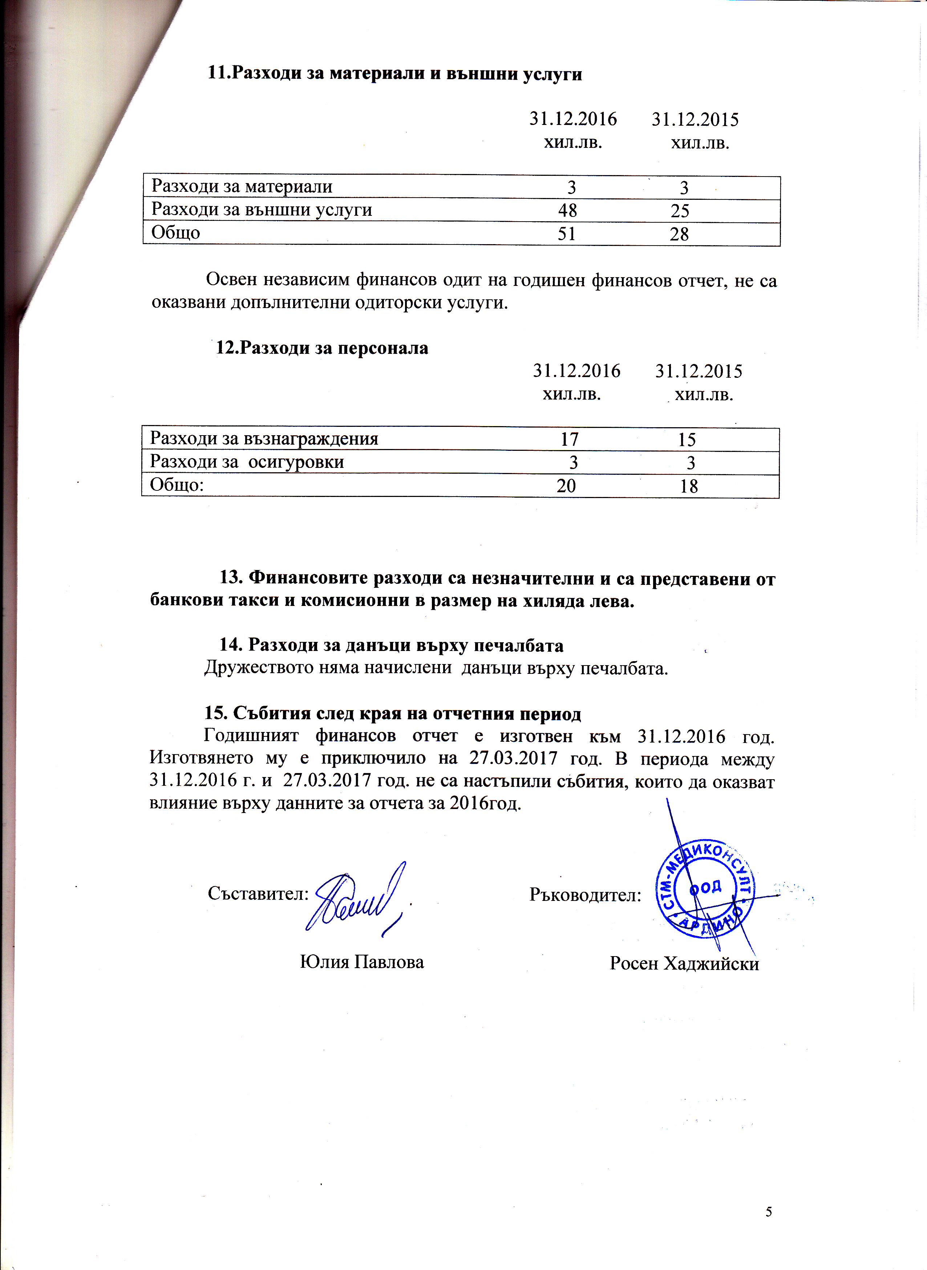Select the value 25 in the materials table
coord(680,211)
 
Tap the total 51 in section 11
coord(567,234)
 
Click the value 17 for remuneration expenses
coord(570,440)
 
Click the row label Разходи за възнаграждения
coord(264,438)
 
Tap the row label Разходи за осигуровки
coord(247,462)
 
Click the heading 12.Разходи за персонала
coord(322,348)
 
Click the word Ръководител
coord(585,894)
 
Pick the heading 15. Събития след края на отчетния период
coord(392,713)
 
